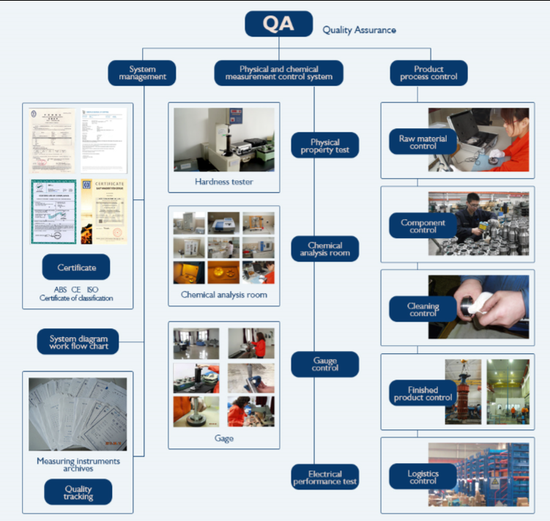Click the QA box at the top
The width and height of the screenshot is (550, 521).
point(278,23)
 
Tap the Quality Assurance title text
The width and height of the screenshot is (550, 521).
point(360,30)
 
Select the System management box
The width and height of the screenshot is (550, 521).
point(143,73)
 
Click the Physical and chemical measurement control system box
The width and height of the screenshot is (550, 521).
point(279,73)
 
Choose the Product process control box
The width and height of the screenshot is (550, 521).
point(428,73)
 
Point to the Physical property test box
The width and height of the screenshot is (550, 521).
point(325,146)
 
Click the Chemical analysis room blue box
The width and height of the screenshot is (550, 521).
point(325,249)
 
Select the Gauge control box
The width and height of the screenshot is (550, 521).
point(325,364)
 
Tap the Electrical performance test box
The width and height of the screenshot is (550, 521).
point(325,477)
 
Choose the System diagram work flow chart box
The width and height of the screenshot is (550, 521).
point(78,342)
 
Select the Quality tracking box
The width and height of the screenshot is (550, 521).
point(78,492)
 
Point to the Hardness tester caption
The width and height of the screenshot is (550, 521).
point(224,181)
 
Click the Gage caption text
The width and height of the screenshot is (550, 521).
point(224,438)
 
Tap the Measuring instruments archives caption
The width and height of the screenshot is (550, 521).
point(78,465)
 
